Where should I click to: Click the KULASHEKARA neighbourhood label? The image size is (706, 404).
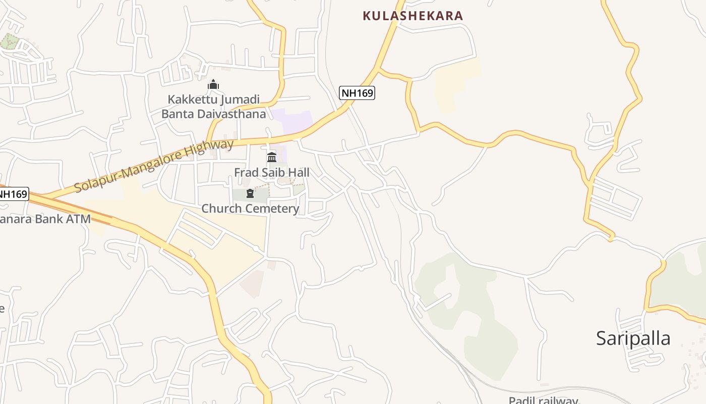(413, 16)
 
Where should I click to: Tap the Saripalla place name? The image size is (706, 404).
(633, 338)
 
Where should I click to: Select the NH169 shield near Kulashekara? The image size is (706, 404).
(357, 93)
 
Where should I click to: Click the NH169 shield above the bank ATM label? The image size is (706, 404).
(13, 194)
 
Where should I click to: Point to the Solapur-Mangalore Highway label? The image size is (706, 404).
(154, 166)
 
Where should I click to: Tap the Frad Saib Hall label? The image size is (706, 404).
(271, 172)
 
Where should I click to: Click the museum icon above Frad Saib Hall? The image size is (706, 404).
(272, 157)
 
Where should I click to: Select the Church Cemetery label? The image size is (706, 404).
(250, 208)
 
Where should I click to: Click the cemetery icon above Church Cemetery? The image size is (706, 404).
(250, 193)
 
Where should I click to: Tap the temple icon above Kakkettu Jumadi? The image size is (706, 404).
(213, 84)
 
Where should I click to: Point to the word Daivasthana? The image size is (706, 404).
(231, 114)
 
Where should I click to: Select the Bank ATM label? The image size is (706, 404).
(45, 219)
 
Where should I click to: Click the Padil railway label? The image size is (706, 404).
(543, 400)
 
